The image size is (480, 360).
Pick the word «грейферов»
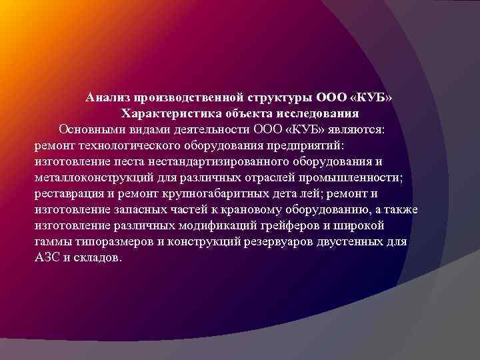309,226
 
